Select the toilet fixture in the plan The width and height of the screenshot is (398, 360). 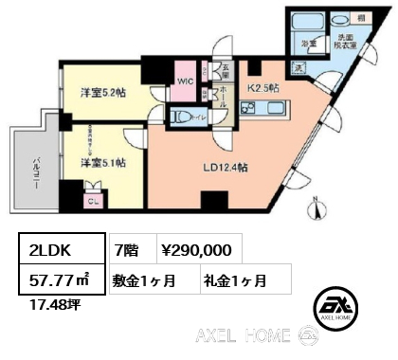(183, 117)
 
